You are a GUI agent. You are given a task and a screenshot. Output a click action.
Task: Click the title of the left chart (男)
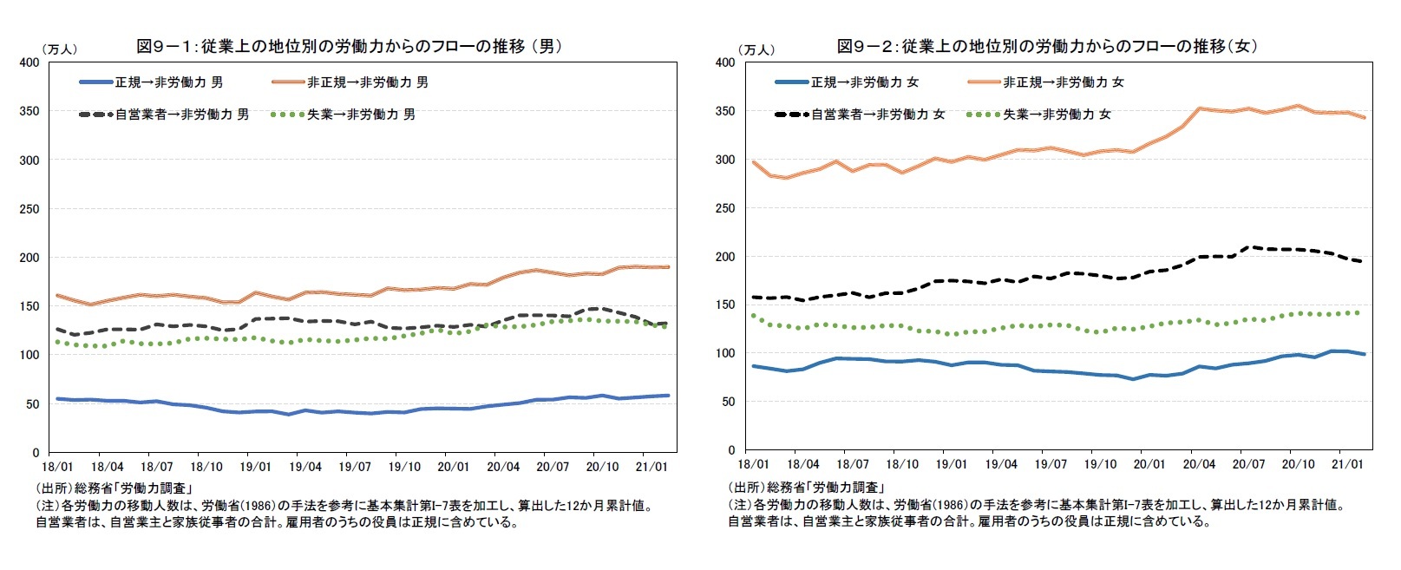point(349,46)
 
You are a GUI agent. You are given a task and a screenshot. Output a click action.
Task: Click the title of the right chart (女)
point(1046,46)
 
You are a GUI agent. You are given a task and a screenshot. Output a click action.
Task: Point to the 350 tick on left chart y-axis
point(29,111)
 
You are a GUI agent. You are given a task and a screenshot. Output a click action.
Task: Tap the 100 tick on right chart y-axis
point(725,353)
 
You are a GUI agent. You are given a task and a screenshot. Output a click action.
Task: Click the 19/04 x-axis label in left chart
point(305,467)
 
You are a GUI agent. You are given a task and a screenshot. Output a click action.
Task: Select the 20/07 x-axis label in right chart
point(1248,464)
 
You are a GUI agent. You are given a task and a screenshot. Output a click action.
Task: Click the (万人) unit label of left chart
point(58,49)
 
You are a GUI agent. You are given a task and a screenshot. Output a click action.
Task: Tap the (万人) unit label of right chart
point(756,49)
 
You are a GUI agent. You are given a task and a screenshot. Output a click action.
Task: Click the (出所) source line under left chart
point(114,488)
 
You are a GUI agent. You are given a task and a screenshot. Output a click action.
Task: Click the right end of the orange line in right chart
point(1364,117)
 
